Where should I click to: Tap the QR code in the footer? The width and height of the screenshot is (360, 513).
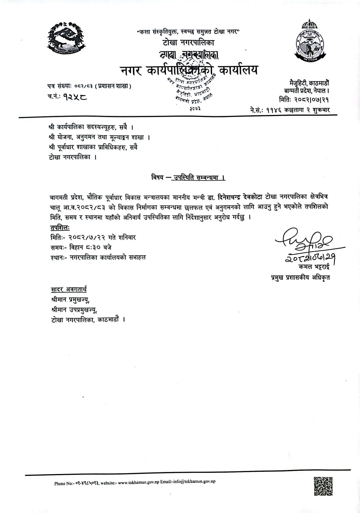tap(323, 486)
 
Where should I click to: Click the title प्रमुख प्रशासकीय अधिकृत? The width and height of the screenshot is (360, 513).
tap(300, 278)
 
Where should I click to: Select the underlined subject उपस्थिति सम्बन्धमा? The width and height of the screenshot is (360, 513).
tap(198, 178)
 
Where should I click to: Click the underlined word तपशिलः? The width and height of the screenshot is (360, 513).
tap(60, 228)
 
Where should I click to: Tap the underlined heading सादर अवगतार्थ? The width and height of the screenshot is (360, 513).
tap(69, 289)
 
